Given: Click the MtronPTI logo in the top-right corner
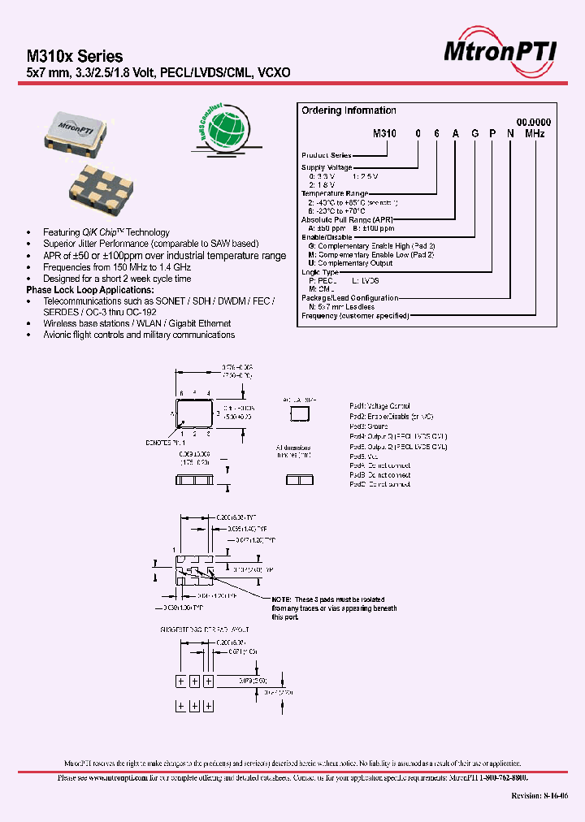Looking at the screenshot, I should click(500, 51).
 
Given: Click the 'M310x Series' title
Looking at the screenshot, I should click(75, 56).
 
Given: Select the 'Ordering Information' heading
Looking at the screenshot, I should click(349, 110).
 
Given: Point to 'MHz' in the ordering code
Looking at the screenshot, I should click(534, 132).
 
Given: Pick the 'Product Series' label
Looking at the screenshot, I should click(327, 154).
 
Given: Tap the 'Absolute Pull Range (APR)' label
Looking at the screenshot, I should click(347, 220).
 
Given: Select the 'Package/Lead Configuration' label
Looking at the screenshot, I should click(349, 298).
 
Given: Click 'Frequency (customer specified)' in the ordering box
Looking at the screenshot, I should click(355, 315).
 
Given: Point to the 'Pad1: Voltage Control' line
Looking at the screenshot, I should click(379, 405).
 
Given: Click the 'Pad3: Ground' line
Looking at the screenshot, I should click(369, 426).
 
